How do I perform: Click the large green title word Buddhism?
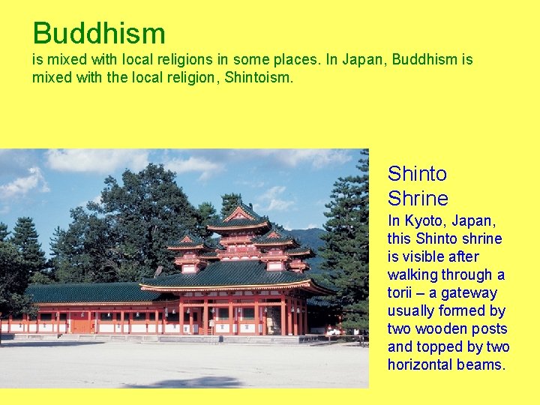click(99, 34)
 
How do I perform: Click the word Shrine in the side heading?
click(418, 199)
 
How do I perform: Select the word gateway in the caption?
click(469, 293)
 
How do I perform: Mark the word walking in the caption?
click(412, 275)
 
